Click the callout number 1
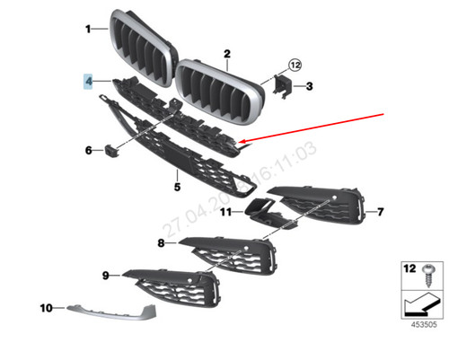[x=89, y=29]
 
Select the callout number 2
[x=227, y=54]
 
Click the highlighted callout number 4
[x=89, y=81]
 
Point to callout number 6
[x=89, y=150]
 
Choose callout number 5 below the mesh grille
[x=177, y=187]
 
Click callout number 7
[x=381, y=212]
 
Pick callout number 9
[x=105, y=275]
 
